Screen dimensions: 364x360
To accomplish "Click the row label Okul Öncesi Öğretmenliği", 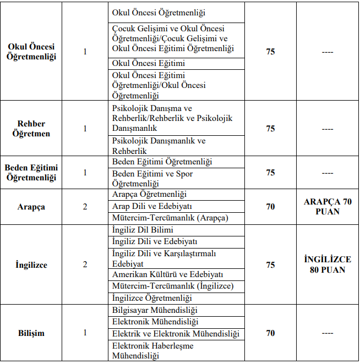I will point(31,52).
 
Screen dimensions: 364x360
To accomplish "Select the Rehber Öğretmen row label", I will point(31,129).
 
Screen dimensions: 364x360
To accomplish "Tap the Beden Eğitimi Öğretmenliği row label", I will point(31,173).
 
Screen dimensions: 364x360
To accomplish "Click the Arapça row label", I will point(31,207).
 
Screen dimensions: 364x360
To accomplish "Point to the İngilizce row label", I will point(31,264).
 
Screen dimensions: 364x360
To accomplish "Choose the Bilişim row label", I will point(31,333).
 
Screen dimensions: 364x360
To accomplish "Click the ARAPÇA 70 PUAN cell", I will point(328,207).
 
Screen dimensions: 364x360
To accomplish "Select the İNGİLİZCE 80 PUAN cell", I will point(328,264).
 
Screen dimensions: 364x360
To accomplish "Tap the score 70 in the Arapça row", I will point(270,207).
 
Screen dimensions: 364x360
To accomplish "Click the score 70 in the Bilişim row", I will point(270,333).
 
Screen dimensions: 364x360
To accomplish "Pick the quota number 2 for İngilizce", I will point(85,264).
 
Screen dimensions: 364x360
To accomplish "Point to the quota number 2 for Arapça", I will point(85,207).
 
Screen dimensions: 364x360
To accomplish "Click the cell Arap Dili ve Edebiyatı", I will point(152,206).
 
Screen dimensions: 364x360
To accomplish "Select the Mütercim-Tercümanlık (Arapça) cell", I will point(170,218).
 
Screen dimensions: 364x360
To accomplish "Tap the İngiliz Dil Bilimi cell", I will point(143,230).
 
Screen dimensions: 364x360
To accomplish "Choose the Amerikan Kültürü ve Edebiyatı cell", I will point(167,274).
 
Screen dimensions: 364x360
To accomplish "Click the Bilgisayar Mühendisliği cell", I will point(155,311).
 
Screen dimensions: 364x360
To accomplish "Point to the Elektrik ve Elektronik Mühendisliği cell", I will point(176,334).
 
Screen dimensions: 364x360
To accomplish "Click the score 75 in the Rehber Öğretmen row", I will point(270,129).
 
